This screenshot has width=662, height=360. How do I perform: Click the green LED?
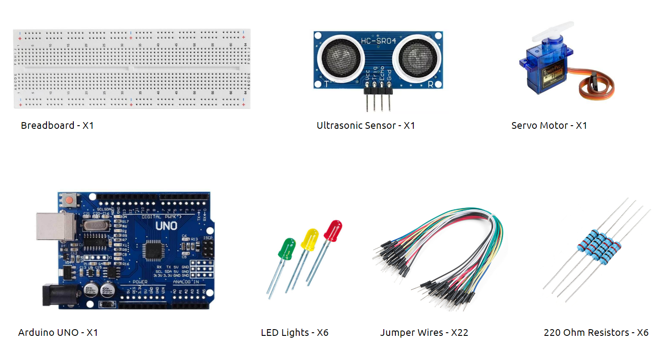click(287, 248)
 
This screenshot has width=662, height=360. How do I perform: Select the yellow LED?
click(310, 239)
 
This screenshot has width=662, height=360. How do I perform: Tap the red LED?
click(333, 230)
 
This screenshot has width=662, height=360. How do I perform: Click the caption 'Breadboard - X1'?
click(57, 126)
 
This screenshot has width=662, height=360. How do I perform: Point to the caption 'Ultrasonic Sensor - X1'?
click(365, 126)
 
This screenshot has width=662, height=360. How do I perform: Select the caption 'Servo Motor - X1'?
click(549, 126)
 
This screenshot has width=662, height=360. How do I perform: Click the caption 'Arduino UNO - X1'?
click(58, 333)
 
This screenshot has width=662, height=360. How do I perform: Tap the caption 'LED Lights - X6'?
click(294, 333)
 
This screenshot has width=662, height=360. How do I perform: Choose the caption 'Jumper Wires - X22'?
click(424, 333)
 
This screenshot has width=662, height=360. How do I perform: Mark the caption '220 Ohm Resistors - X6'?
click(596, 333)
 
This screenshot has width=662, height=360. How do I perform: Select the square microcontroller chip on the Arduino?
click(155, 251)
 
